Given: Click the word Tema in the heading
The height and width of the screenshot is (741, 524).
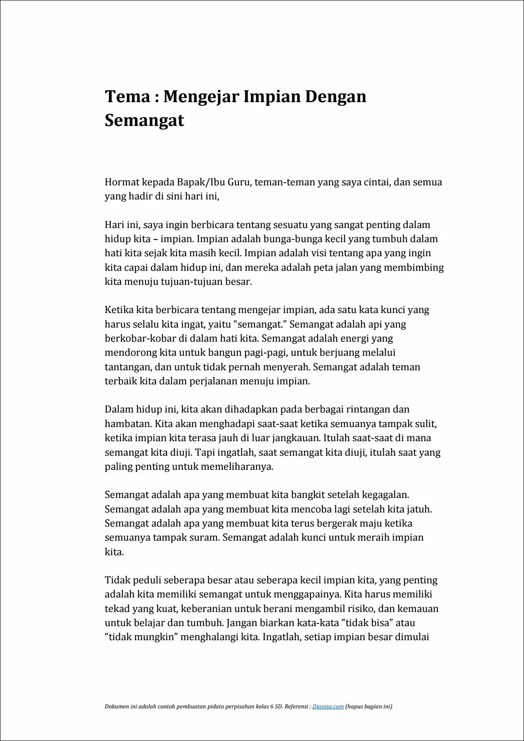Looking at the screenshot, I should tap(127, 96).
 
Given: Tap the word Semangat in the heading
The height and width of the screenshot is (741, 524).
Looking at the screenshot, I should tap(144, 120).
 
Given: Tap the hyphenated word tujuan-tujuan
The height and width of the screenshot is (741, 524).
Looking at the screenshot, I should tap(207, 282).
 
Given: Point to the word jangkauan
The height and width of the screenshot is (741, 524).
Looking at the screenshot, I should tap(296, 438).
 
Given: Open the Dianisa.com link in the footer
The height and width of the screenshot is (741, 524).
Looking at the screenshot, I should tap(328, 707).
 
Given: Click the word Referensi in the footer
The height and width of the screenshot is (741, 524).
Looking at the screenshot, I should tap(297, 707).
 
